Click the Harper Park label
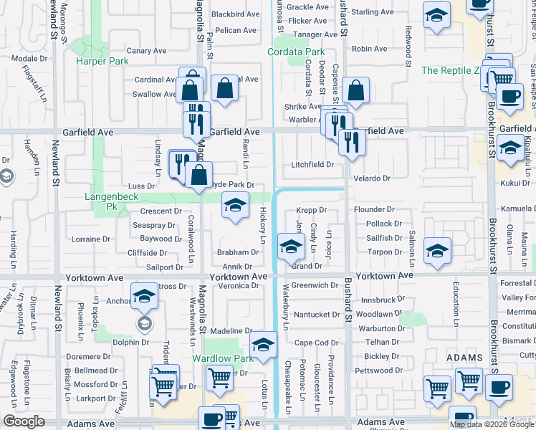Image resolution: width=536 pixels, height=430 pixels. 102,61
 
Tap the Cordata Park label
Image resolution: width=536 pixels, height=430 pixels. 296,52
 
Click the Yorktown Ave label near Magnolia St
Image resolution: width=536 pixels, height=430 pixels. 239,276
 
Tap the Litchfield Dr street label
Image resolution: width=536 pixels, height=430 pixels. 312,165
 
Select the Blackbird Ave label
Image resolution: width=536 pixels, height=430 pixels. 236,14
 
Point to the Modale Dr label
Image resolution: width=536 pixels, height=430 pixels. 29,59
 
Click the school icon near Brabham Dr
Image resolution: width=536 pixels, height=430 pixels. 291,247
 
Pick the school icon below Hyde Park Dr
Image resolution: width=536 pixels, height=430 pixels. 235,206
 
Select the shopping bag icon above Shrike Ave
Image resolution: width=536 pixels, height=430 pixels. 355,91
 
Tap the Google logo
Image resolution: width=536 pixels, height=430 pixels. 24,421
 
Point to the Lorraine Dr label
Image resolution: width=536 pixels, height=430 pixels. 91,239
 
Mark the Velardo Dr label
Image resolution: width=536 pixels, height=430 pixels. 371,178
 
